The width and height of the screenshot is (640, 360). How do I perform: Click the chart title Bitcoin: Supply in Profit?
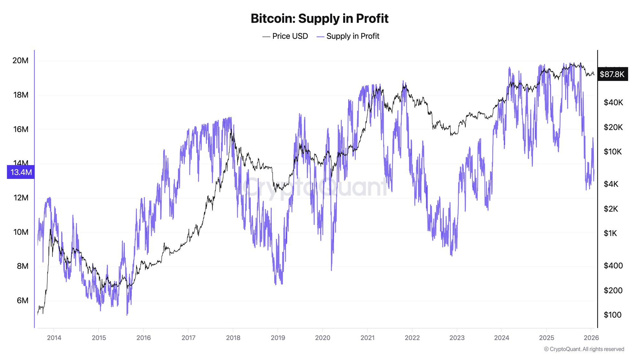(x=319, y=19)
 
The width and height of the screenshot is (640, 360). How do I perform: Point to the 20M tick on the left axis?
(x=20, y=60)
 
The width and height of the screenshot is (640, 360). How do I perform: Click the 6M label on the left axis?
(x=22, y=300)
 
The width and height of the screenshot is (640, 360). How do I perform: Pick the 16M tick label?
(x=20, y=129)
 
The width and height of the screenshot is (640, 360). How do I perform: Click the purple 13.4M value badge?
(x=21, y=172)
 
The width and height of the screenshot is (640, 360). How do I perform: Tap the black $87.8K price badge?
(x=612, y=74)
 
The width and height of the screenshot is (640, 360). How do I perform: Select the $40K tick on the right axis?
(x=613, y=102)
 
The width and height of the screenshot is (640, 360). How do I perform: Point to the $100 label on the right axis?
(x=612, y=315)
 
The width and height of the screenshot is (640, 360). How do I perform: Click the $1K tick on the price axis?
(x=610, y=233)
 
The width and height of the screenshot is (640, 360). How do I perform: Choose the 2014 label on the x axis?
(x=54, y=338)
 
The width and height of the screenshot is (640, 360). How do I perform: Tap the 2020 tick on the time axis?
(x=323, y=338)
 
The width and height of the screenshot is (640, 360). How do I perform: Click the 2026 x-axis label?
(x=591, y=338)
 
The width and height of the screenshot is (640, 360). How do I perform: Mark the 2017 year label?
(x=188, y=338)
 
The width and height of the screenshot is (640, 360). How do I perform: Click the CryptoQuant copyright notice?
(x=584, y=349)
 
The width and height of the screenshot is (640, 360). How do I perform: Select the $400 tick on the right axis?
(x=613, y=266)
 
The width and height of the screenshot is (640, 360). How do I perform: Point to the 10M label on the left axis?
(x=20, y=232)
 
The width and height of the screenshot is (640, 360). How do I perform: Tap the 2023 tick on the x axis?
(x=457, y=338)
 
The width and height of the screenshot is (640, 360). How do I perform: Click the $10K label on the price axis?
(x=612, y=152)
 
